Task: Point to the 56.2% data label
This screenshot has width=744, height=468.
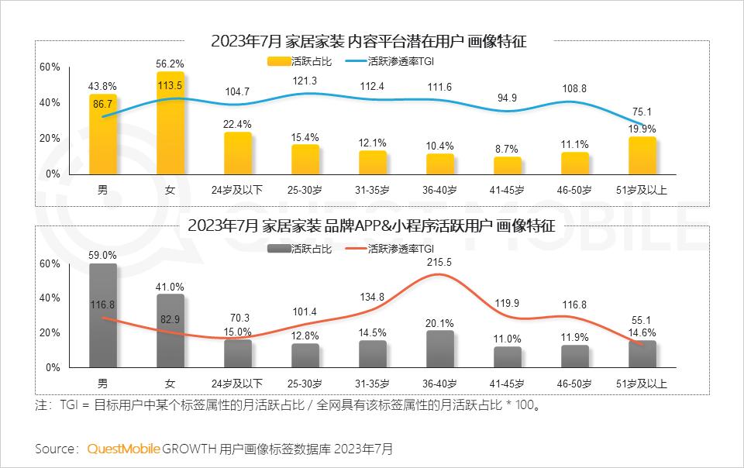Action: [x=170, y=64]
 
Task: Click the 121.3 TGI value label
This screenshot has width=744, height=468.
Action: [x=305, y=81]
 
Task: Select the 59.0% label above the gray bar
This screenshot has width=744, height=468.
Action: [x=102, y=254]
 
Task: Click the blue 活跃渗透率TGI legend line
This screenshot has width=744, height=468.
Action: [x=360, y=59]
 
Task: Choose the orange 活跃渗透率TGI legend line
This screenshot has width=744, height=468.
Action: [x=355, y=249]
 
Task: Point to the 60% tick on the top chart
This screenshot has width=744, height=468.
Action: [x=50, y=67]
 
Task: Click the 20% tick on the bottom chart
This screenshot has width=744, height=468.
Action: [x=50, y=332]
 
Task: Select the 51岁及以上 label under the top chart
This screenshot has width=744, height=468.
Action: [x=642, y=190]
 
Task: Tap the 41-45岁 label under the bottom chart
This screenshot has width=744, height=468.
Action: [x=508, y=384]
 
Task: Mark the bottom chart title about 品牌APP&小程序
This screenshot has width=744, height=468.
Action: [x=372, y=226]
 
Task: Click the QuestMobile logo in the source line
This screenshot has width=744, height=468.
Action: [x=124, y=449]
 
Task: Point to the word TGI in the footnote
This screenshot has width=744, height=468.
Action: [x=71, y=405]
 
